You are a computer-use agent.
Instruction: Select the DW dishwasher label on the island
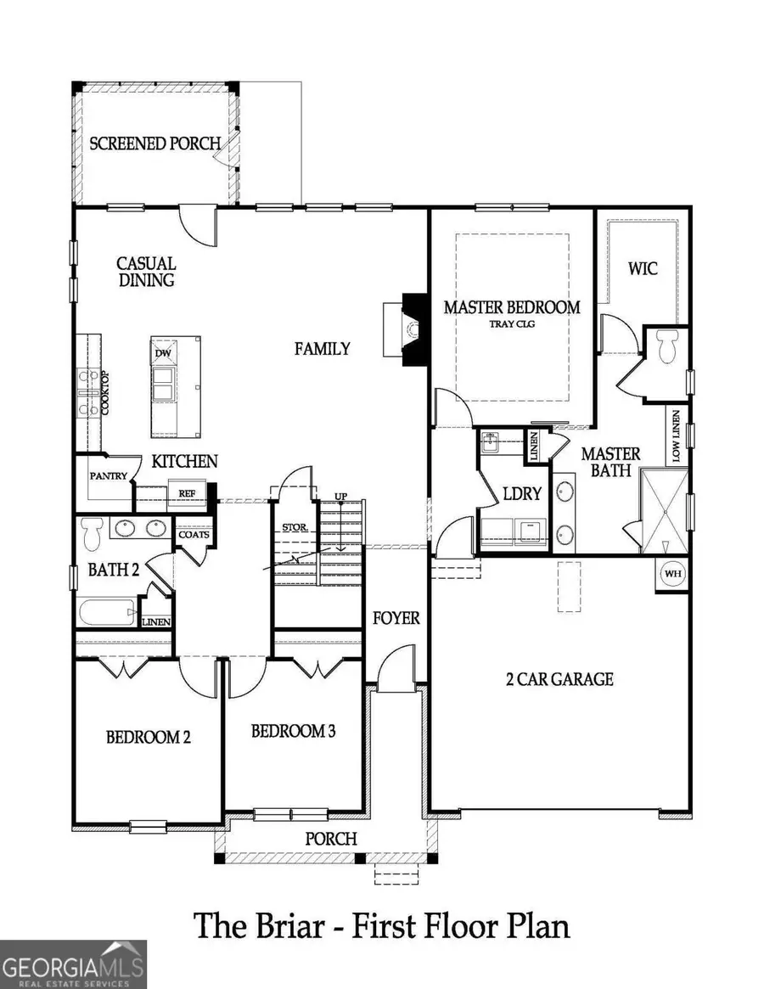(161, 353)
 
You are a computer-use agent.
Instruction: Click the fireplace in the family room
(413, 329)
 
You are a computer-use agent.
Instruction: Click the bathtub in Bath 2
(106, 612)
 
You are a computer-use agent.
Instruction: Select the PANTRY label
(108, 476)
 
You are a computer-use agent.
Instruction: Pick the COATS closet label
(194, 534)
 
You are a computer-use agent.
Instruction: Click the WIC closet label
(643, 269)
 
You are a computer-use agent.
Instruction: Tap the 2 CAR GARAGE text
(556, 678)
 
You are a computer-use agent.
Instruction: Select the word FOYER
(396, 617)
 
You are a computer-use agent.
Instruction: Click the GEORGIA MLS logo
(74, 964)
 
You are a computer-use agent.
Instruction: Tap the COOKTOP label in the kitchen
(106, 391)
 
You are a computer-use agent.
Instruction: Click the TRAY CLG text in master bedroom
(513, 323)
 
